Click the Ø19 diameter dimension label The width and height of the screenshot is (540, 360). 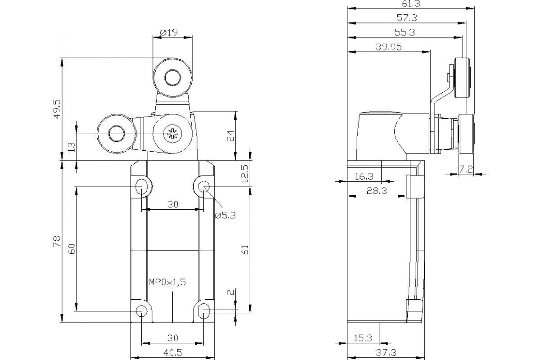point(169,32)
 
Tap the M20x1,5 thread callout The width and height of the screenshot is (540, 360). point(167,282)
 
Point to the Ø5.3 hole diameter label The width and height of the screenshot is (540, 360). point(225,216)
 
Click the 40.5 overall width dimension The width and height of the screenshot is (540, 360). point(173,353)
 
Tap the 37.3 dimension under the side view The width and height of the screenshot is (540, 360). point(386,353)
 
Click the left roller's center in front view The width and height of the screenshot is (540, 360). point(117,134)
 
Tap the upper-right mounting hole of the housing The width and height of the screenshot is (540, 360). point(204,186)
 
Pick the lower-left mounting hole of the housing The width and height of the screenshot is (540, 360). point(142,310)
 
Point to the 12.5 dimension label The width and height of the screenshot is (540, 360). point(244,173)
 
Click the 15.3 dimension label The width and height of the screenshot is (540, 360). point(363,338)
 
